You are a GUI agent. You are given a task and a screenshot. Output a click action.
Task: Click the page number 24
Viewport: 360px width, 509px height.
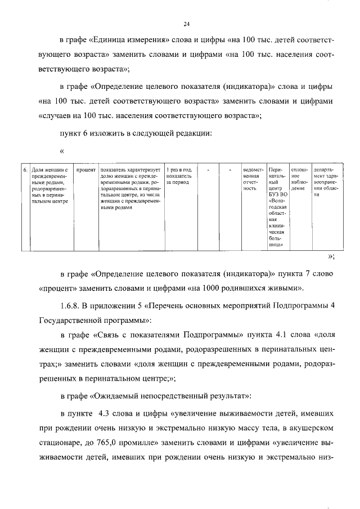coord(187,24)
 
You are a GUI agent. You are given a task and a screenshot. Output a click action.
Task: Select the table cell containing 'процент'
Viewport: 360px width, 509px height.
coord(85,169)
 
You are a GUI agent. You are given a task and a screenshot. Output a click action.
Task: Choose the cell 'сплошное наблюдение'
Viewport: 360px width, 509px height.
coord(298,179)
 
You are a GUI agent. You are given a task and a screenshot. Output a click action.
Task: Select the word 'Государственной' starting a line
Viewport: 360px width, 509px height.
coord(66,320)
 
